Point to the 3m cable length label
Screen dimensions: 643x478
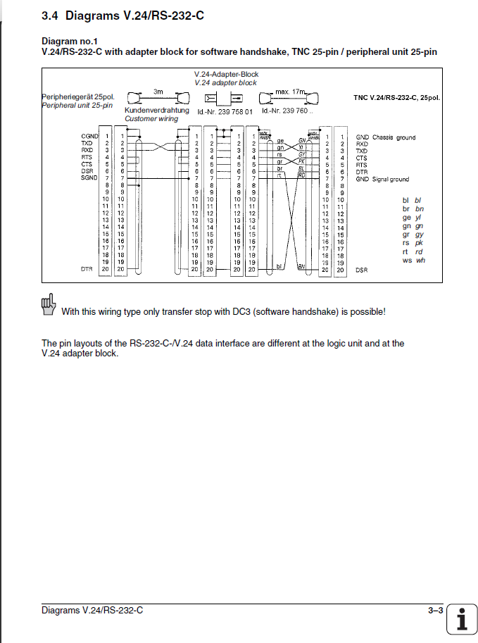(x=158, y=92)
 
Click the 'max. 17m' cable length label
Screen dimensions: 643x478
(x=291, y=92)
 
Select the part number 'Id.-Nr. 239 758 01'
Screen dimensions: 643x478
(x=225, y=111)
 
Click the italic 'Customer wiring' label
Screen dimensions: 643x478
(x=151, y=119)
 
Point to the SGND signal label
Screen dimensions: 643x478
(x=89, y=178)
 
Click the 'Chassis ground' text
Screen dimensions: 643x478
(x=394, y=137)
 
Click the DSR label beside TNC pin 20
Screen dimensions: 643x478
(x=362, y=270)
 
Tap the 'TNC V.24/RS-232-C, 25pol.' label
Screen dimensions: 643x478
(x=396, y=97)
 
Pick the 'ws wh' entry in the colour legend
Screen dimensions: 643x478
(x=413, y=261)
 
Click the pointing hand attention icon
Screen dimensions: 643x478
(x=49, y=304)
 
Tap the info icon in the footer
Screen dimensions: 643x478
(x=461, y=620)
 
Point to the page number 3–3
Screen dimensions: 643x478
(x=435, y=611)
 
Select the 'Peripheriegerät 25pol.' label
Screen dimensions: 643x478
(x=77, y=96)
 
